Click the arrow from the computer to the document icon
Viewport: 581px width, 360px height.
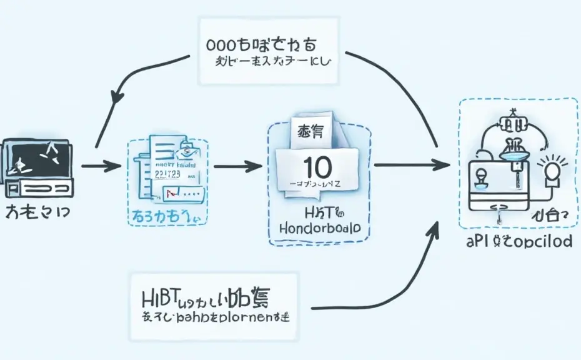[x=100, y=166]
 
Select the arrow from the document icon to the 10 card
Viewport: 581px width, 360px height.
[x=237, y=166]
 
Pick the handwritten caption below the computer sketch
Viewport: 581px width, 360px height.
[x=37, y=212]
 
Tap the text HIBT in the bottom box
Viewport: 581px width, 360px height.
[x=161, y=297]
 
